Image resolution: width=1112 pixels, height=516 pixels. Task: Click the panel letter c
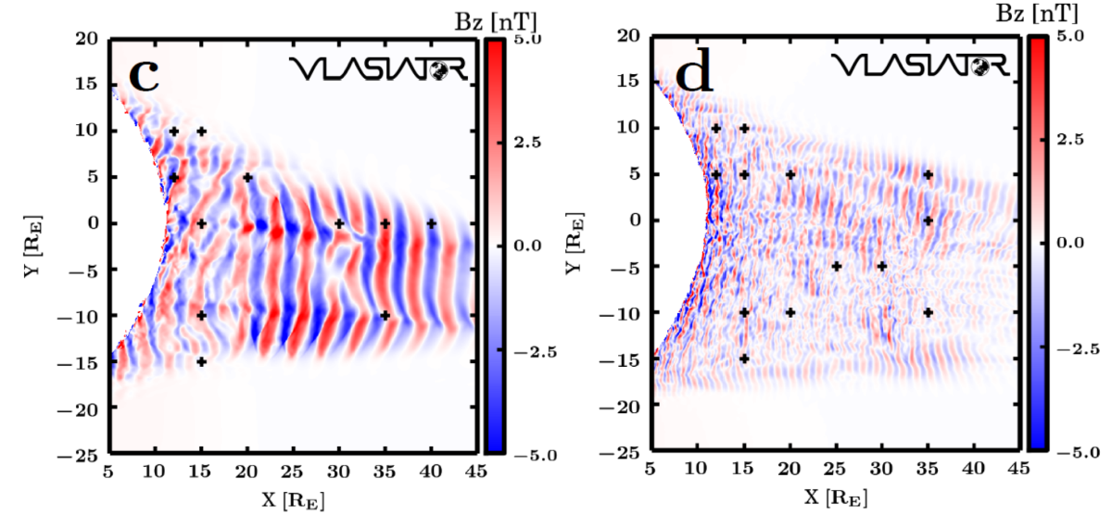point(143,73)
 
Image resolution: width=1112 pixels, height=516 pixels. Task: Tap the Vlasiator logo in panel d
point(918,65)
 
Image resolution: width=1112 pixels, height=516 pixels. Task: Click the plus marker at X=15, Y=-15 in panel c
point(201,361)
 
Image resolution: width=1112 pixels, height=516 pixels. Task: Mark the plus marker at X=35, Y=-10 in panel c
point(385,316)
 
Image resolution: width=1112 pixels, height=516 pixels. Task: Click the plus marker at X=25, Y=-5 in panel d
point(836,267)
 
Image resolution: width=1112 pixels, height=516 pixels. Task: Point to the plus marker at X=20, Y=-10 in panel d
point(790,313)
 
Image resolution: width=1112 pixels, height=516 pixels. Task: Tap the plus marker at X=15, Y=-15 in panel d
point(744,359)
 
